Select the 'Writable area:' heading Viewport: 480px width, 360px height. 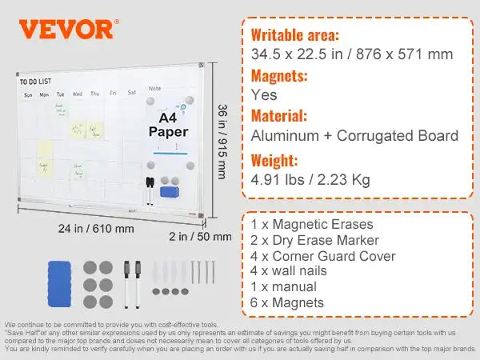pos(294,35)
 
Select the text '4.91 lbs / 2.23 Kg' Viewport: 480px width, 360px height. pos(310,179)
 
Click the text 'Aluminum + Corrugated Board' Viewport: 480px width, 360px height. pos(354,136)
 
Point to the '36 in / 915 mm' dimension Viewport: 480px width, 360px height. pos(222,142)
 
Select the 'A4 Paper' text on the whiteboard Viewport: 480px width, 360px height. pos(167,124)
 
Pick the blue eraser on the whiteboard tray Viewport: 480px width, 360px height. pos(171,192)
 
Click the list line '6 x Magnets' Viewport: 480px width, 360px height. pos(287,302)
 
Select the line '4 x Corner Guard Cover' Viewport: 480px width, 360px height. pos(322,256)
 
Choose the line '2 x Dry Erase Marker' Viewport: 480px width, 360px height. pos(314,240)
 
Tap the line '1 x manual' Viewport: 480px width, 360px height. pos(283,287)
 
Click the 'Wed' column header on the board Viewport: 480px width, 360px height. pos(78,94)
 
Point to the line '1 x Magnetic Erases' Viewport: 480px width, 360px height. pos(311,225)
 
